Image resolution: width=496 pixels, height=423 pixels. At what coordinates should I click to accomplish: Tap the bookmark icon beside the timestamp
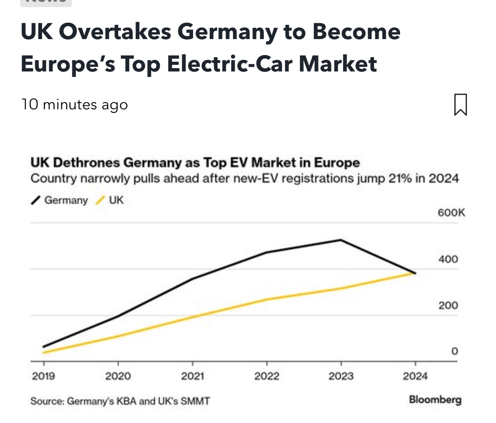click(461, 104)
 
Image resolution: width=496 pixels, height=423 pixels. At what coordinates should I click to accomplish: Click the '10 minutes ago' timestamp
click(74, 104)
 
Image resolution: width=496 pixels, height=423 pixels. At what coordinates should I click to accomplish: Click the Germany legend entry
click(60, 200)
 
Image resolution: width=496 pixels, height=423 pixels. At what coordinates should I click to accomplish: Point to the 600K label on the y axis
click(451, 213)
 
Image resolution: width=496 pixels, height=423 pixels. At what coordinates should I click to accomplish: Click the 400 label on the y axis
click(448, 259)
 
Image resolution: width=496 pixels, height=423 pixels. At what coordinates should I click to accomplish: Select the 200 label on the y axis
click(448, 306)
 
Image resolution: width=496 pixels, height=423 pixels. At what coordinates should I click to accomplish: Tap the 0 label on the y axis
click(454, 352)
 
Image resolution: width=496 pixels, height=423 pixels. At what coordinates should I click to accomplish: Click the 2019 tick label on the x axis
click(43, 376)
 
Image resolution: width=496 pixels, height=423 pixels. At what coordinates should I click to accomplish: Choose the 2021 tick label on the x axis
click(192, 376)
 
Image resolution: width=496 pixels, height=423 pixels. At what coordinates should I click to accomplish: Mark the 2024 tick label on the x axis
click(415, 376)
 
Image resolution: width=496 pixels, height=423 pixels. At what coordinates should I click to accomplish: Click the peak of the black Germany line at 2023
click(341, 240)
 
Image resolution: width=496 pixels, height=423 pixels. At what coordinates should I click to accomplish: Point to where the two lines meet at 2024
click(415, 273)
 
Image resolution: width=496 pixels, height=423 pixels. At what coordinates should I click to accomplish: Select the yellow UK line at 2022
click(267, 300)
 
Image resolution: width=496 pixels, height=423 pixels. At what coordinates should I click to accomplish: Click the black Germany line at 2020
click(118, 316)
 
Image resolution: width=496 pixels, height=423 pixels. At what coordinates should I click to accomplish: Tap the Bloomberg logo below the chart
click(435, 399)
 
